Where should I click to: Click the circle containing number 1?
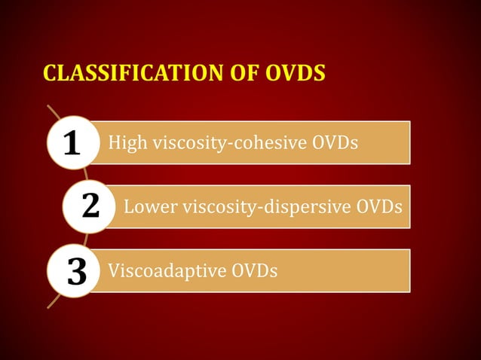pos(72,142)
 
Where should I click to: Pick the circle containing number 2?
pos(90,206)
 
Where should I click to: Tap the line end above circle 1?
pos(49,107)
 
